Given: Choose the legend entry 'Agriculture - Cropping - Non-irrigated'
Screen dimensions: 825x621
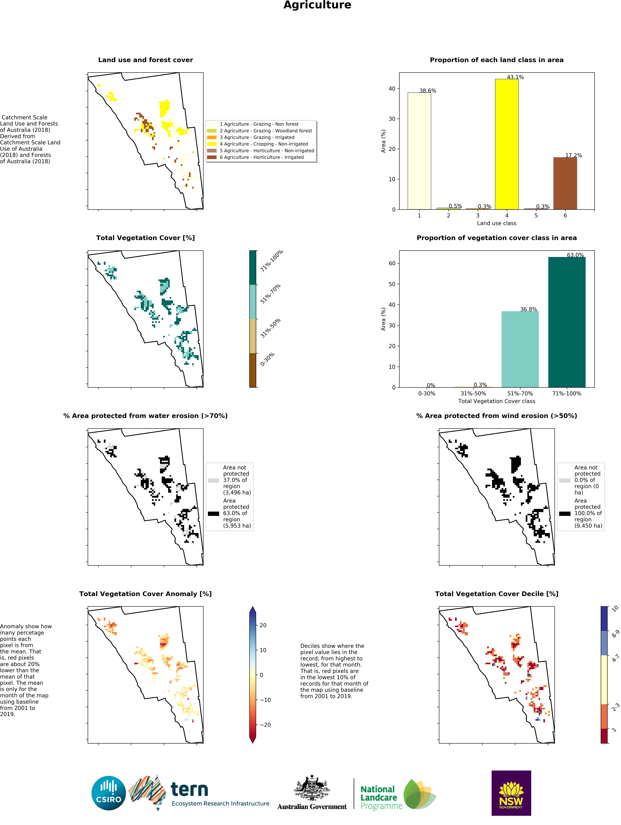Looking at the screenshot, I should pos(263,144).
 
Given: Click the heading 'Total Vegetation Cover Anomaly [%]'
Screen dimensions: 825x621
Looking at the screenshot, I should pos(145,594).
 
